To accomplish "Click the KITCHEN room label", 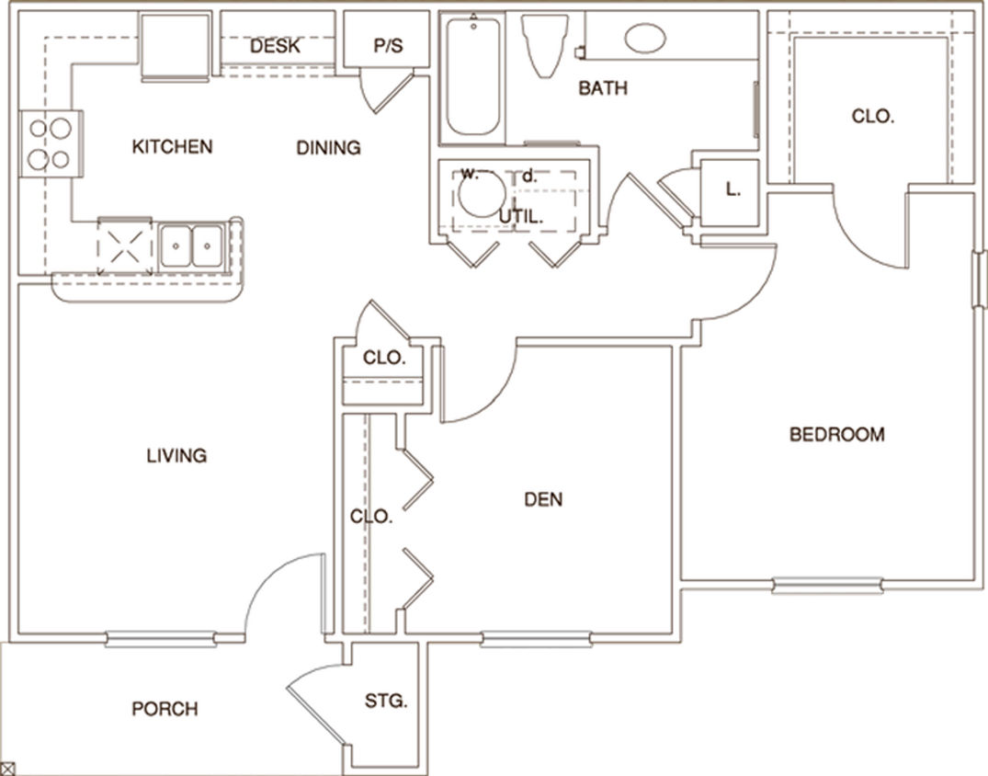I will pos(172,146).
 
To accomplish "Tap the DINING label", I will pos(328,147).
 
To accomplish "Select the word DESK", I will pos(275,46).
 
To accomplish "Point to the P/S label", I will pos(388,46).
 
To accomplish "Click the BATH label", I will pos(603,88).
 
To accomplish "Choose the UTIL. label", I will pos(521,217).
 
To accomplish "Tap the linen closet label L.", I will pos(732,190).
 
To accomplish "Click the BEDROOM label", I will pos(836,434).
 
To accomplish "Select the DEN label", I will pos(543,500).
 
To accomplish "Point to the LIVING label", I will pos(176,455).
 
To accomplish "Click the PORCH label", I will pos(165,709).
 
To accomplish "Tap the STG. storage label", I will pos(386,701).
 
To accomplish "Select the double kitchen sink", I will pos(191,245).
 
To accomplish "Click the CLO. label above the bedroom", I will pos(872,117).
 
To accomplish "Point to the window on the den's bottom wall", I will pos(535,638).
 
